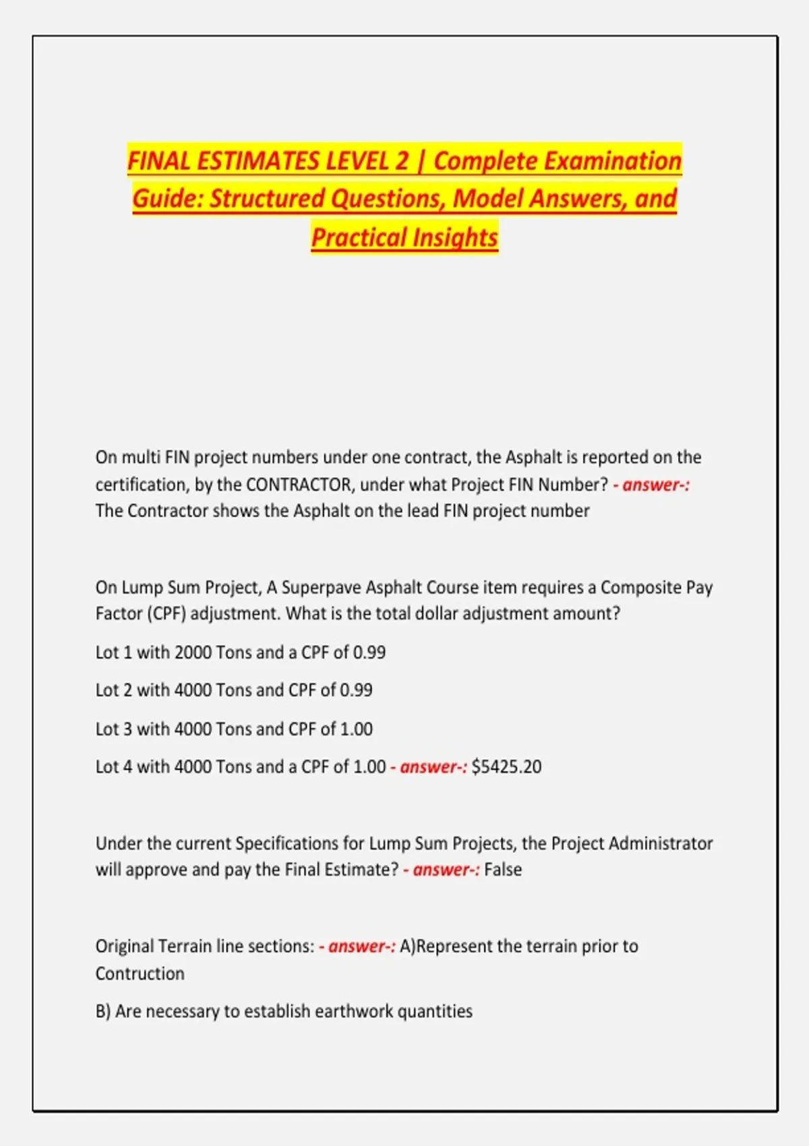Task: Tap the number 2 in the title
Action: point(402,161)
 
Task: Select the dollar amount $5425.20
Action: point(506,767)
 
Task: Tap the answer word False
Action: point(503,870)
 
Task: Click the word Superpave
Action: point(321,587)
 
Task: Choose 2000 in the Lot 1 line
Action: point(193,653)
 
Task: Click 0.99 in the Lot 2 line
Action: point(356,690)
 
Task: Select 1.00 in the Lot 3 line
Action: point(356,729)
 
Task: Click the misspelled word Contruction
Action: point(140,974)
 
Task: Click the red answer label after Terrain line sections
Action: point(357,946)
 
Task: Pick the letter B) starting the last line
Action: point(102,1011)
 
